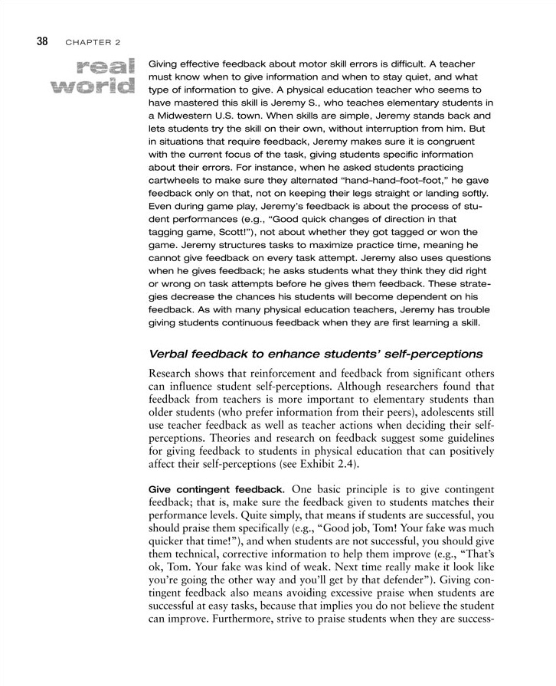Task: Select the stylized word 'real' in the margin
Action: [108, 67]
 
